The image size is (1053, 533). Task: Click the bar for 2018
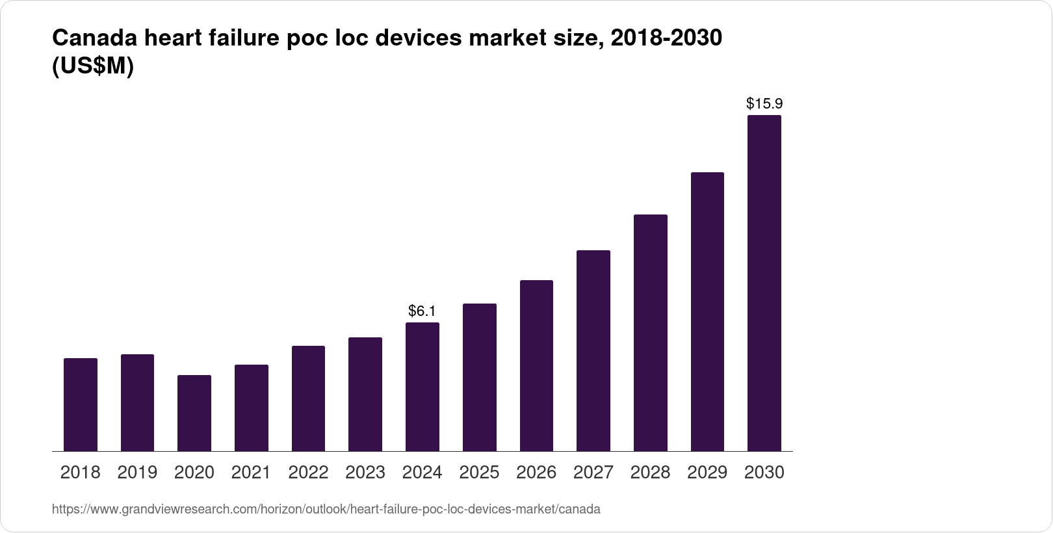coord(81,404)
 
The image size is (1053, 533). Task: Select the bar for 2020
coord(194,413)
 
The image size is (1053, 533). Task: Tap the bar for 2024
coord(422,387)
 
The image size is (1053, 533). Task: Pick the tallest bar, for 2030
coord(764,283)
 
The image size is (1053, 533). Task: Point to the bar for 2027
coord(593,350)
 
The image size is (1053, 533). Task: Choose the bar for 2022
coord(308,398)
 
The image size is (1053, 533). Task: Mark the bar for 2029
coord(707,311)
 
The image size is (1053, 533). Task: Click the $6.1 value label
coord(422,311)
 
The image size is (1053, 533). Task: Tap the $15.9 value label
coord(764,103)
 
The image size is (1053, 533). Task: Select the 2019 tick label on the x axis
coord(137,473)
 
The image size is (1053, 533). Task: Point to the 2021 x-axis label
coord(251,473)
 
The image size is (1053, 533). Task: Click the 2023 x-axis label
coord(365,473)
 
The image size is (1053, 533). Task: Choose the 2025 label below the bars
coord(479,473)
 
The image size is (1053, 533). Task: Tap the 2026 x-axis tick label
coord(536,473)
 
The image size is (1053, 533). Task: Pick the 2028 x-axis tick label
coord(650,473)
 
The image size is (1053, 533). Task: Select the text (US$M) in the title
coord(92,66)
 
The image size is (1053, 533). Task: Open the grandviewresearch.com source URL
coord(326,510)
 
